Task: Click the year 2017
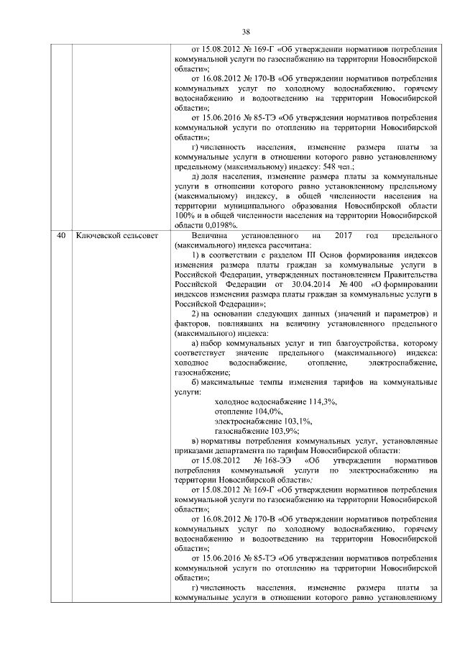335,235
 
